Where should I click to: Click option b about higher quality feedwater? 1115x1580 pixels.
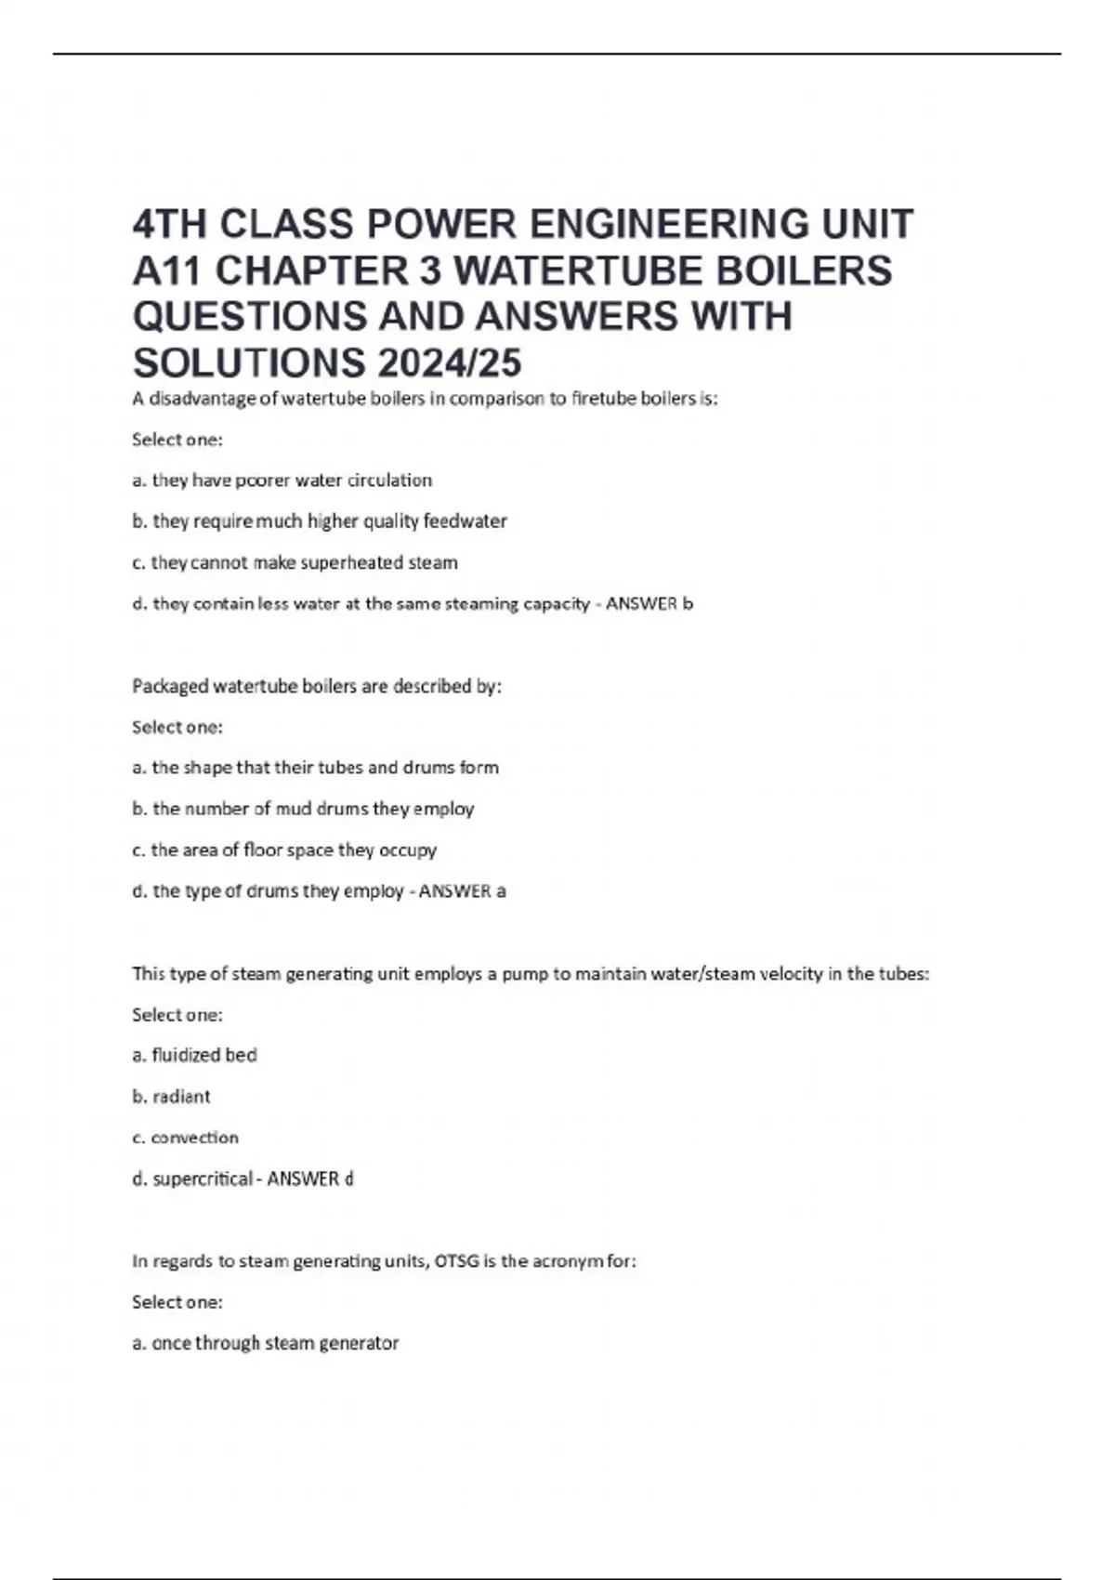pyautogui.click(x=320, y=521)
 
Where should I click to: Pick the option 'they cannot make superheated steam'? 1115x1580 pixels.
pyautogui.click(x=295, y=562)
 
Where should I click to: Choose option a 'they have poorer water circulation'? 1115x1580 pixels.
pyautogui.click(x=282, y=481)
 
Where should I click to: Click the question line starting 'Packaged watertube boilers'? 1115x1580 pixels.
pyautogui.click(x=316, y=687)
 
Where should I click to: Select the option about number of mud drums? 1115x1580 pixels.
pyautogui.click(x=303, y=809)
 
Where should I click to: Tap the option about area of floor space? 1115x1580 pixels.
pyautogui.click(x=283, y=849)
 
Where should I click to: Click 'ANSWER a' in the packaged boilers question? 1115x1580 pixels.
pyautogui.click(x=462, y=891)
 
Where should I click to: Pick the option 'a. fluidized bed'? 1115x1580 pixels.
pyautogui.click(x=194, y=1055)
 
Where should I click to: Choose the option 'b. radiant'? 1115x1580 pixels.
pyautogui.click(x=171, y=1097)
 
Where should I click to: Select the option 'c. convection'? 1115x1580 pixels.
pyautogui.click(x=185, y=1138)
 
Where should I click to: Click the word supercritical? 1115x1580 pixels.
pyautogui.click(x=202, y=1178)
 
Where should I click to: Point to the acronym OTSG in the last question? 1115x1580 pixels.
pyautogui.click(x=456, y=1261)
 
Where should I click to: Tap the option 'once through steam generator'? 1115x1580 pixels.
pyautogui.click(x=265, y=1343)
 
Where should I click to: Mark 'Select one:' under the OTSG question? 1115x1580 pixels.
pyautogui.click(x=177, y=1302)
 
